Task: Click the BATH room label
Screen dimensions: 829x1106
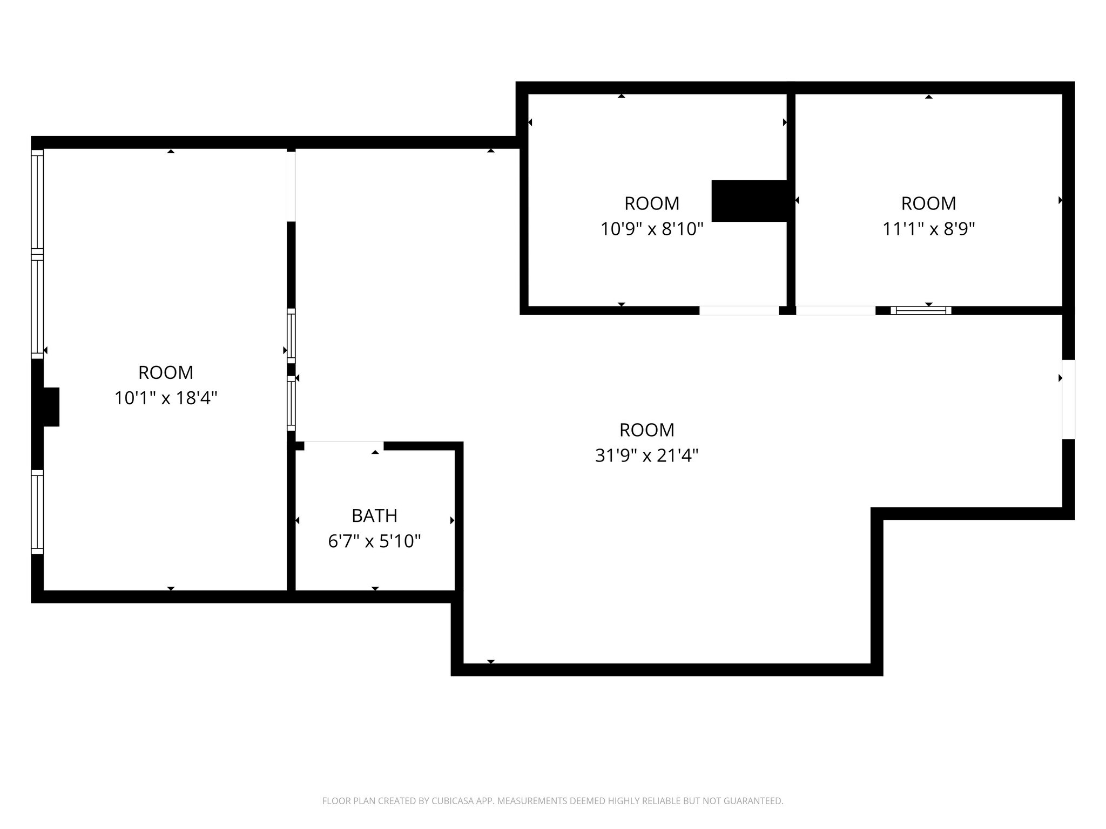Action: point(374,516)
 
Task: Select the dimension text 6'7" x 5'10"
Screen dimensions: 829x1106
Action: point(374,541)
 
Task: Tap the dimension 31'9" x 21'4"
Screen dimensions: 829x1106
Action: point(646,456)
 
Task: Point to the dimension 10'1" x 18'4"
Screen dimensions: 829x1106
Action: point(166,398)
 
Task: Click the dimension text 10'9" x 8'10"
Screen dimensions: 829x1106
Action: point(652,229)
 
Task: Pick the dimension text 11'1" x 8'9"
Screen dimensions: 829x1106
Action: point(928,229)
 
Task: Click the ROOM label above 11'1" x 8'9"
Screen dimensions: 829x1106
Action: point(928,203)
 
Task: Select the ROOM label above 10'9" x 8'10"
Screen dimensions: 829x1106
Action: point(652,203)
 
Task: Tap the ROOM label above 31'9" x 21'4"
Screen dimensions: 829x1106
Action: point(646,430)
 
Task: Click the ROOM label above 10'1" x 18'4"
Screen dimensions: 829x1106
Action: point(166,372)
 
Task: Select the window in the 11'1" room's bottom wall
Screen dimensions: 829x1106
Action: point(921,310)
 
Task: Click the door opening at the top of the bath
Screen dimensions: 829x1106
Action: point(344,445)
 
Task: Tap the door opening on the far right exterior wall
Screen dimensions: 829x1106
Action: point(1068,399)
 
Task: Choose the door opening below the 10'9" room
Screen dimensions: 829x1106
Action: point(739,310)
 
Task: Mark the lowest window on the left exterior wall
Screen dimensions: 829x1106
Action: point(37,512)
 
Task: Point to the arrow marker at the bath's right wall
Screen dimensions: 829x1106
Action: point(452,520)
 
